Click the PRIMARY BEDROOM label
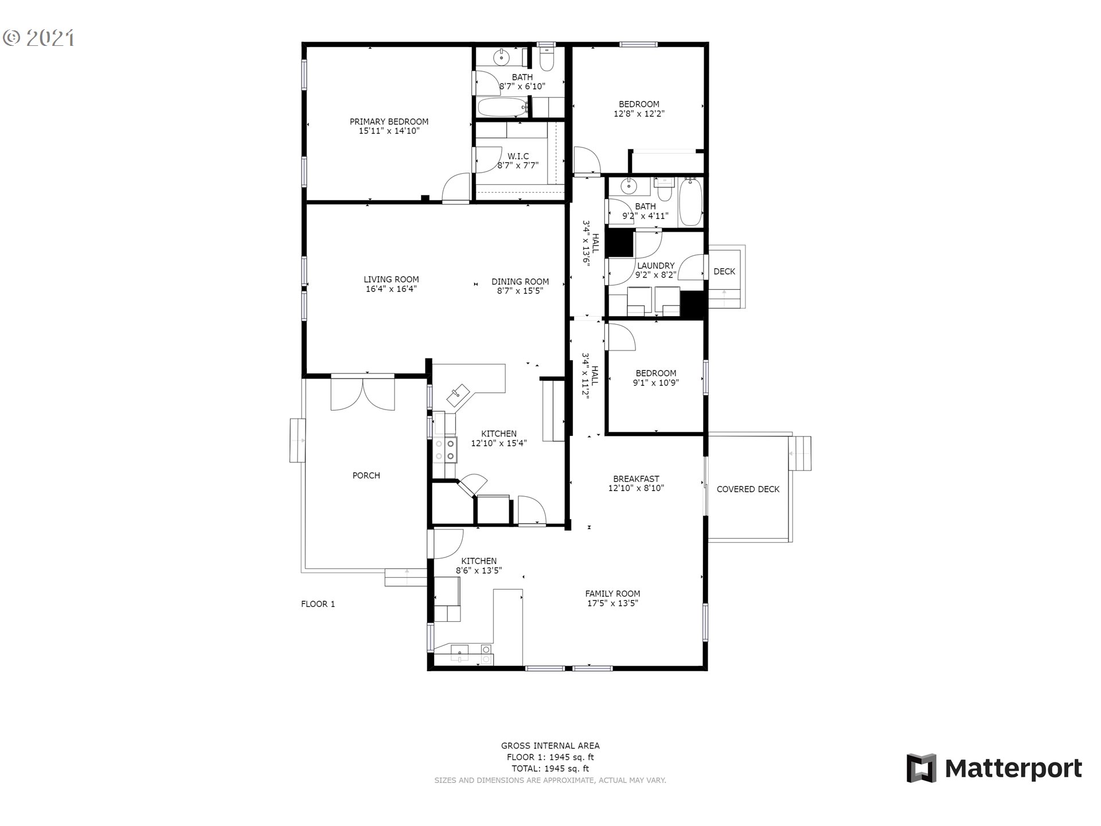(x=389, y=122)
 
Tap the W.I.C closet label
(x=518, y=157)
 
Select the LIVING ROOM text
(x=391, y=280)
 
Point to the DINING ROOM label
(x=520, y=282)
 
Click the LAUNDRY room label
(x=655, y=266)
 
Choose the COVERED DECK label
(x=748, y=489)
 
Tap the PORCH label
(x=366, y=476)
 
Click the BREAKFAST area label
(x=636, y=479)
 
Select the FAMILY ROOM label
(x=612, y=594)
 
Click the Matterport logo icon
(x=921, y=768)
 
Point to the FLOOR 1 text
(x=318, y=604)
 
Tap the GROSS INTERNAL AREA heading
(x=550, y=746)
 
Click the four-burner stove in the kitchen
(x=446, y=450)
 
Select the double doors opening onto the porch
(x=362, y=392)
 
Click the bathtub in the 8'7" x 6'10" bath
(x=503, y=107)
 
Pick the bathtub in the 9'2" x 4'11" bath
(x=690, y=202)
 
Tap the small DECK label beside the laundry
(x=724, y=272)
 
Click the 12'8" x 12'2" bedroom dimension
(x=639, y=114)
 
